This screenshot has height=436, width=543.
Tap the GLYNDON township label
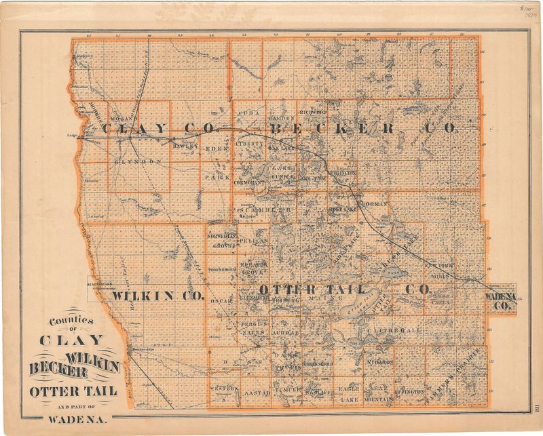coord(138,162)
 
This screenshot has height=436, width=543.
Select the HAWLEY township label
coord(185,146)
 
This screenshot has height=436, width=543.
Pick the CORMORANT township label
coord(249,184)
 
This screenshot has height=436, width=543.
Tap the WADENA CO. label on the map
coord(501,299)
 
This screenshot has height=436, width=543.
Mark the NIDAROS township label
coord(380,362)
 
